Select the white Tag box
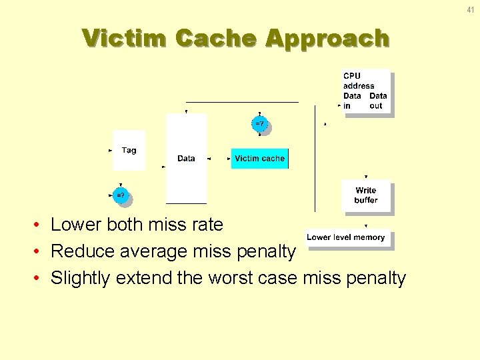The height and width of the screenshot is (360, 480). [129, 151]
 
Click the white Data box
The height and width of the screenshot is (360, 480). [186, 158]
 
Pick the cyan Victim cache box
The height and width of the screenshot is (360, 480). [259, 159]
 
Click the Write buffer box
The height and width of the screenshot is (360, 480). [366, 195]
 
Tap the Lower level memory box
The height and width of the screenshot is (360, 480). [345, 237]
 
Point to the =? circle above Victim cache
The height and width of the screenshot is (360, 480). [259, 124]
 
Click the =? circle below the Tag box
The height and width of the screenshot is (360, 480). [119, 196]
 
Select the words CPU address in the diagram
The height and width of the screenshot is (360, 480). [359, 81]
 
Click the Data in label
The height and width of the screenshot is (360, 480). [351, 101]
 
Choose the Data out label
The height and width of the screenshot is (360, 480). [377, 101]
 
